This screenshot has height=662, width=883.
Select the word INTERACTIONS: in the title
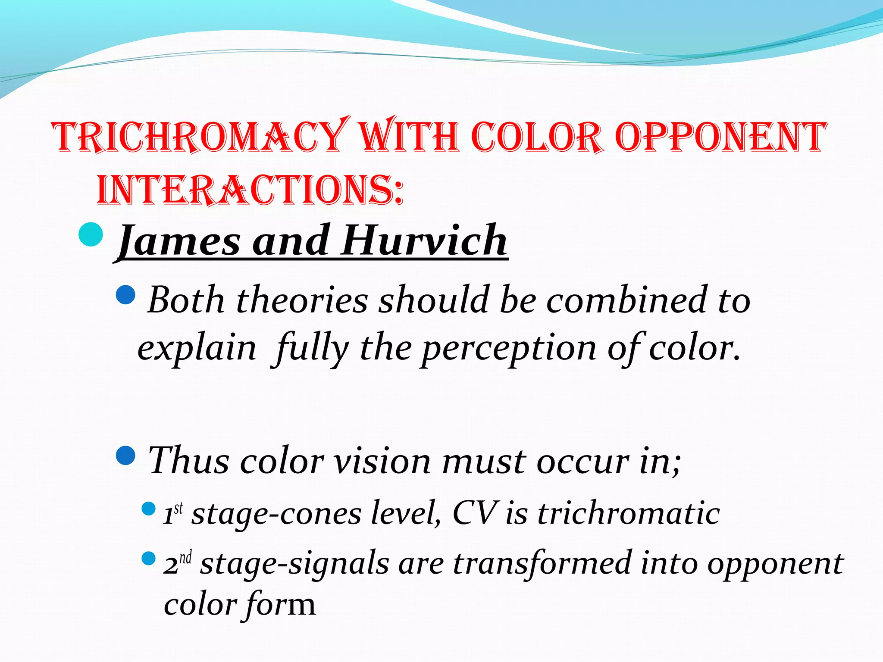[250, 190]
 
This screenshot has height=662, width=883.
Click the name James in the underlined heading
[178, 240]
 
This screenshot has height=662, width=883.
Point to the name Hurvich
[424, 240]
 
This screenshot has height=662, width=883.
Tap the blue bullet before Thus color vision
[126, 455]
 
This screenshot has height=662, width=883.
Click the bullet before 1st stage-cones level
[148, 509]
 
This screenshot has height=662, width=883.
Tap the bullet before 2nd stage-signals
[148, 559]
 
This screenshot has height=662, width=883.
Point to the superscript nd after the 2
[185, 557]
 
